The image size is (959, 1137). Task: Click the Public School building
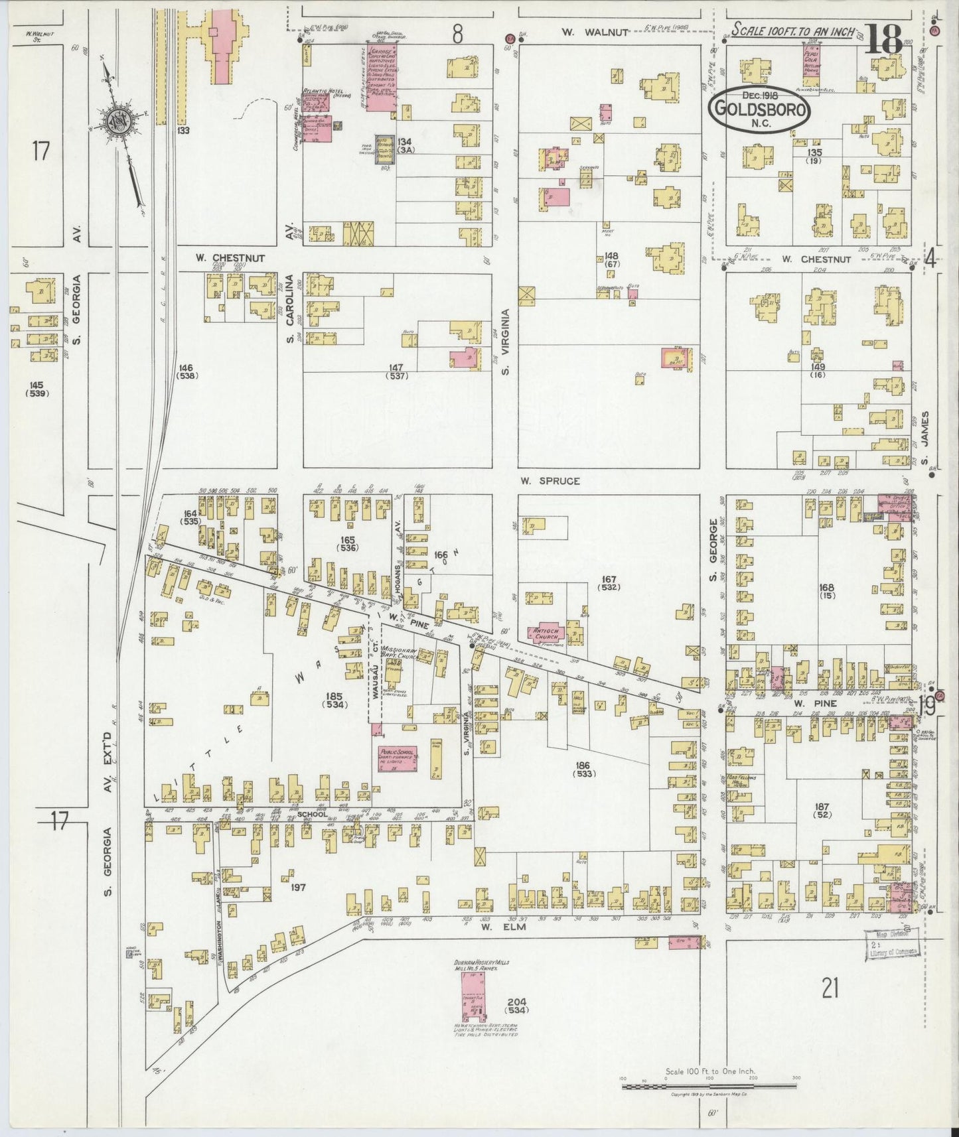[x=397, y=758]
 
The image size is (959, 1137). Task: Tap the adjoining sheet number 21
[x=830, y=990]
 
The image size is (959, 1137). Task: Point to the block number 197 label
[x=298, y=886]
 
